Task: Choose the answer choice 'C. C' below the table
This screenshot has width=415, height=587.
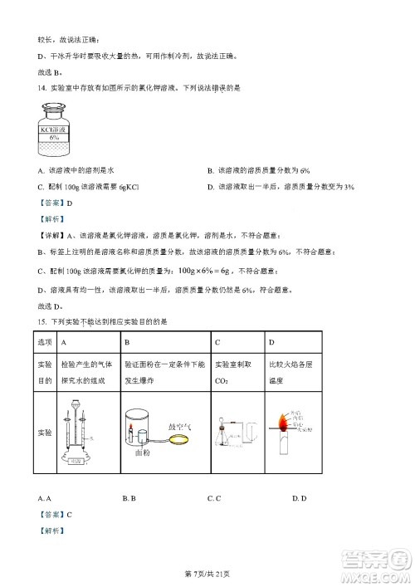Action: [213, 498]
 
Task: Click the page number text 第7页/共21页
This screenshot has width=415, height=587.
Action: [207, 575]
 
